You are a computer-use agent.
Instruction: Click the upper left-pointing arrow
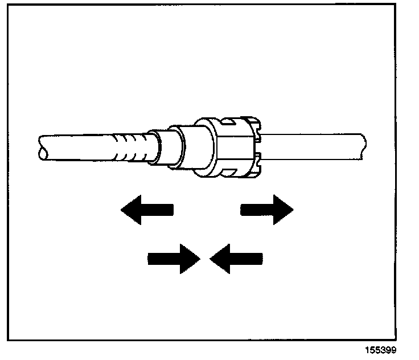[146, 210]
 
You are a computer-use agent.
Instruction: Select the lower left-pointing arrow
[236, 259]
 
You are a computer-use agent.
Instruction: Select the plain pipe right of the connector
[313, 146]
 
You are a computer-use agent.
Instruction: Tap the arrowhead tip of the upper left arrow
[122, 210]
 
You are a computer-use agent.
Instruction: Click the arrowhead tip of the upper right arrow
[293, 210]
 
